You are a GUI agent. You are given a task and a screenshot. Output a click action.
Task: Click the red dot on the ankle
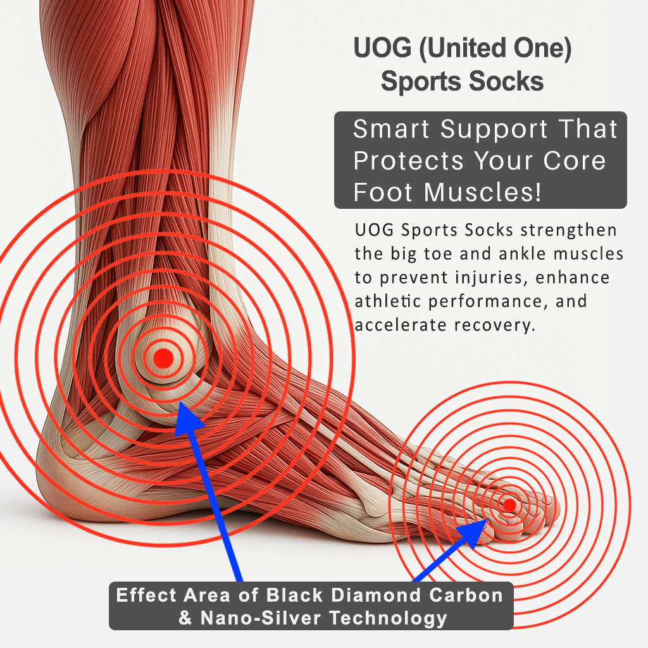[163, 358]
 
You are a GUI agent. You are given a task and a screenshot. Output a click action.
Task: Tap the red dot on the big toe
[509, 505]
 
